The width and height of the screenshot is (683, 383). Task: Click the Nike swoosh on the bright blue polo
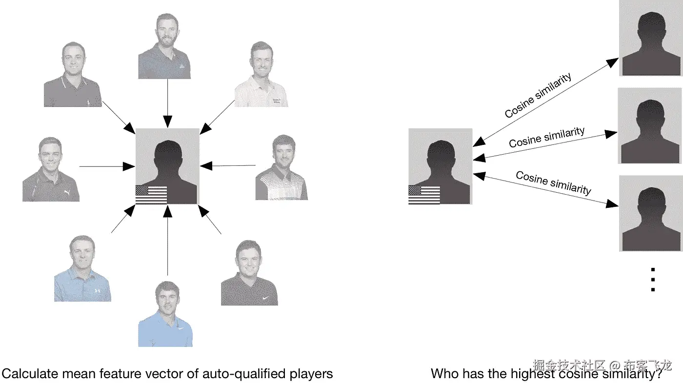pyautogui.click(x=181, y=328)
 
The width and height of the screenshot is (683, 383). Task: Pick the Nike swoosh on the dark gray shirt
pyautogui.click(x=265, y=298)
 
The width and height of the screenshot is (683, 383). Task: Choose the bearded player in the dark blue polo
pyautogui.click(x=164, y=46)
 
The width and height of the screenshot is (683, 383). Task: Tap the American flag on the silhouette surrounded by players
pyautogui.click(x=151, y=195)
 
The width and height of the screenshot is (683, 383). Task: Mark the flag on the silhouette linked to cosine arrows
pyautogui.click(x=424, y=195)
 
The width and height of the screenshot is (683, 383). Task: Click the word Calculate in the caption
pyautogui.click(x=30, y=374)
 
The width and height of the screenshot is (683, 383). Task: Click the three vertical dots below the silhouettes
pyautogui.click(x=653, y=280)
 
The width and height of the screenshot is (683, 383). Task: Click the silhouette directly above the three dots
pyautogui.click(x=651, y=214)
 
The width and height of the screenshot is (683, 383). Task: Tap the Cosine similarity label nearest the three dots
pyautogui.click(x=553, y=182)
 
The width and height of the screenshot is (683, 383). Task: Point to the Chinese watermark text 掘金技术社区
pyautogui.click(x=569, y=365)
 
